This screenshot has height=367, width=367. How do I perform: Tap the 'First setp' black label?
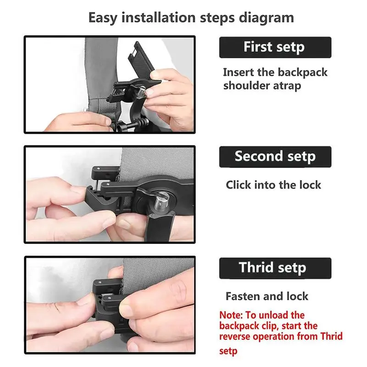point(274,47)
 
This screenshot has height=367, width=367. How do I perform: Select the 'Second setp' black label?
point(275,156)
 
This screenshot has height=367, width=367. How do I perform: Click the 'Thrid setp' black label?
point(275,268)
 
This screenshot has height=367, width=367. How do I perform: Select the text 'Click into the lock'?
point(273,185)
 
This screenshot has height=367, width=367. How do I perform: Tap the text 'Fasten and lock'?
point(267,296)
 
